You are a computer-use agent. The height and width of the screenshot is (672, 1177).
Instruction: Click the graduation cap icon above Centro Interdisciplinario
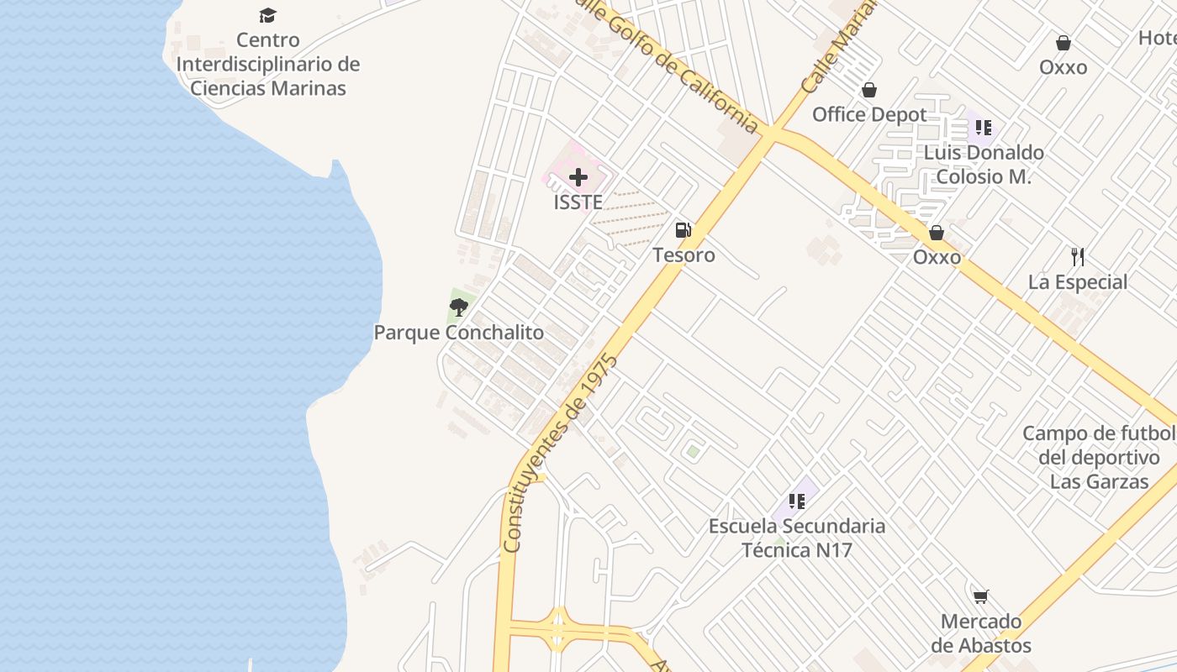click(267, 15)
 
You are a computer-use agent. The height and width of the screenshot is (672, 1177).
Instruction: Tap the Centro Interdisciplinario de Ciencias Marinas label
click(268, 64)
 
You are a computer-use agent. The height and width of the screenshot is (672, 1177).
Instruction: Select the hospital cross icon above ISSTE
click(578, 177)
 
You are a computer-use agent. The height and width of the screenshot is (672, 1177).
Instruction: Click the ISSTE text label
click(578, 202)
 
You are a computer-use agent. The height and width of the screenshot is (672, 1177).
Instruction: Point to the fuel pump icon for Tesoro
click(684, 230)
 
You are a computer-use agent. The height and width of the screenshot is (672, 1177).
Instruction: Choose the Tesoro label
click(684, 255)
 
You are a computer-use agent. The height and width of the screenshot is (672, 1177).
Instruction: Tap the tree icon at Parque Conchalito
click(458, 307)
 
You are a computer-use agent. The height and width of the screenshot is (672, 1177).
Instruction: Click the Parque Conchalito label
click(459, 333)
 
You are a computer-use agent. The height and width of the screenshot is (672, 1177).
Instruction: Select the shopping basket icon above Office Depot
click(868, 90)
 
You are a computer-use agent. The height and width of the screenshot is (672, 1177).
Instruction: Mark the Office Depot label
click(869, 114)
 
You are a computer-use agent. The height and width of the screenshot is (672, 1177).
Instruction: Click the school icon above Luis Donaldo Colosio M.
click(984, 128)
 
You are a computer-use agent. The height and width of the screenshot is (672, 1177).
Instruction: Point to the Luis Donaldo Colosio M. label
click(984, 165)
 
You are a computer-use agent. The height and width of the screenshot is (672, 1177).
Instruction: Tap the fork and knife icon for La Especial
click(1078, 256)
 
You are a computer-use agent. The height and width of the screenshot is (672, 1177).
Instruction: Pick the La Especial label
click(1078, 282)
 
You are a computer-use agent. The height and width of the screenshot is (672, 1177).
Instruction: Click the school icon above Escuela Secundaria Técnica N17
click(797, 501)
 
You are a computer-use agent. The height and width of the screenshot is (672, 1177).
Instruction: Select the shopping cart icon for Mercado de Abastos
click(980, 596)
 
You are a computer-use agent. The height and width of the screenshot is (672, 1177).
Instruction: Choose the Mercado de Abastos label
click(981, 634)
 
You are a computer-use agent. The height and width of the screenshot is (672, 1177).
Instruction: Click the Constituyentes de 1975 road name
click(560, 454)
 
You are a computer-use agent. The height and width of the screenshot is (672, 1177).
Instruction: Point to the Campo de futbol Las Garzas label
click(1099, 458)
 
